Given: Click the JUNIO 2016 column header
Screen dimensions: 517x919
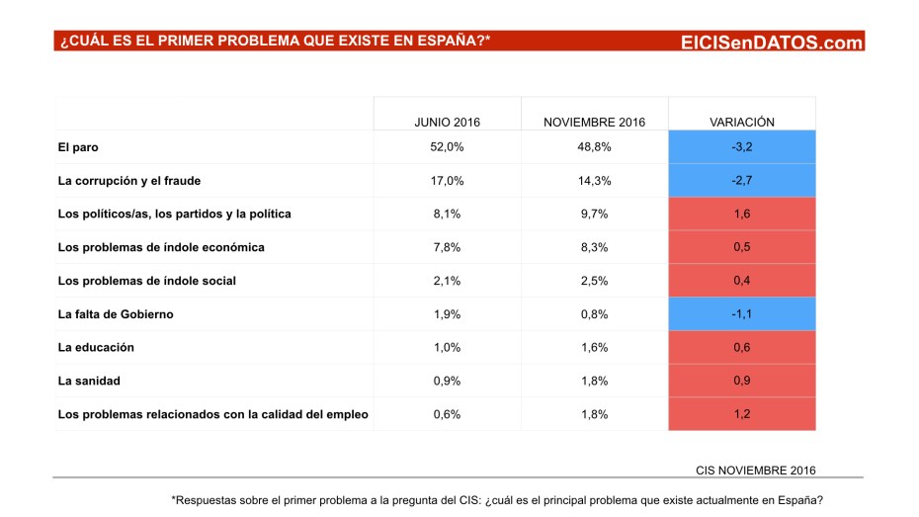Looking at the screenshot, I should [447, 122].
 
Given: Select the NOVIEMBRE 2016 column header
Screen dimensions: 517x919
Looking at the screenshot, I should [594, 122].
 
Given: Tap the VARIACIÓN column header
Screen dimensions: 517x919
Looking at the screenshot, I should [741, 122].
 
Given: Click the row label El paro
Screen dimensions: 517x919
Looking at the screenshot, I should [78, 147].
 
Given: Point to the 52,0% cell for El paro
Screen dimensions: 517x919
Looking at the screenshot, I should [447, 147].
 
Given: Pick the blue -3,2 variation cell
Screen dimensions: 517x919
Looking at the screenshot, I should [741, 147].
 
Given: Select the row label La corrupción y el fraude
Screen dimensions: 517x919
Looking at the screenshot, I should [129, 181].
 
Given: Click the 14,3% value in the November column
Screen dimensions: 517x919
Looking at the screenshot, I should [594, 181].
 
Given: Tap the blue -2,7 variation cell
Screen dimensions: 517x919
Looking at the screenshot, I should [741, 181].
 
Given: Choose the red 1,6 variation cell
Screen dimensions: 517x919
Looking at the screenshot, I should [741, 215].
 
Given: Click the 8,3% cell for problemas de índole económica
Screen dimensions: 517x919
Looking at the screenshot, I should [594, 247].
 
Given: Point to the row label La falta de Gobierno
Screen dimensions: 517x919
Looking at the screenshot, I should [117, 314].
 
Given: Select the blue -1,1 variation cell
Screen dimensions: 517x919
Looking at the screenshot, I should [741, 314].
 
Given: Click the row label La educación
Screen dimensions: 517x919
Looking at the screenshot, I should [96, 348].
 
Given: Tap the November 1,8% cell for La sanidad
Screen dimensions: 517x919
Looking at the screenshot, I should [594, 381].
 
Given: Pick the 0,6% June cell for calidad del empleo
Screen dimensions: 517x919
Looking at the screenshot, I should [447, 414].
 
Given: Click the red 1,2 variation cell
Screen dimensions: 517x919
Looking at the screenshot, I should [741, 414].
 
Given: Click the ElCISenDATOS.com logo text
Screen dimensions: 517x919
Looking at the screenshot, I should [772, 42].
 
